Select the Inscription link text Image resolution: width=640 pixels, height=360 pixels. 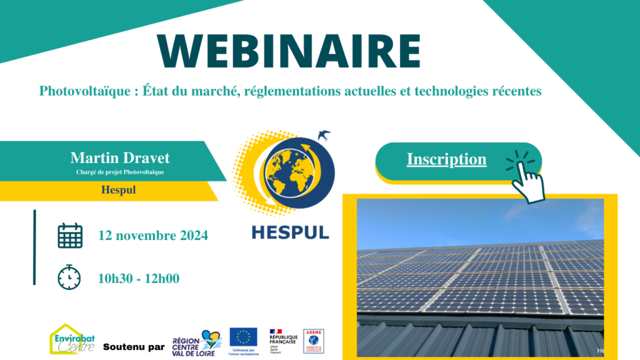446,159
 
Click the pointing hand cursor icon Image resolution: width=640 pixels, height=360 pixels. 526,177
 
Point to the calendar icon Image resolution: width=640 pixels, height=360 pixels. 69,236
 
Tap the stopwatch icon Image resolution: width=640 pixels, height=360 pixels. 69,277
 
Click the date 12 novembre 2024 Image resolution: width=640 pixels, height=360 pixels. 153,236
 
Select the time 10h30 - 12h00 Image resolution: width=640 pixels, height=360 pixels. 139,278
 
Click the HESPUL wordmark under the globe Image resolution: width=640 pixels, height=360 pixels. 290,231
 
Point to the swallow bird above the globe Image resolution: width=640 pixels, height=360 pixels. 324,134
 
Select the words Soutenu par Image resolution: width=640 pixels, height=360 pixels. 134,347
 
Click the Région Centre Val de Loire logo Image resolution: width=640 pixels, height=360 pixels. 197,343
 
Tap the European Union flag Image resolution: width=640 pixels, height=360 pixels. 243,337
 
